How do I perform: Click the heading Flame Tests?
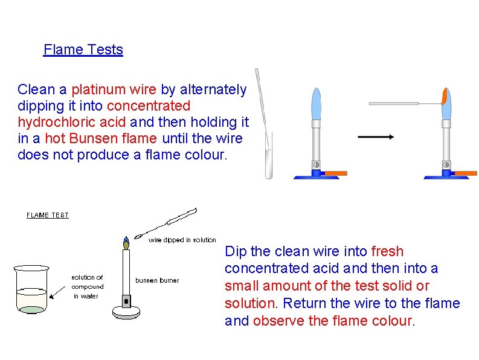click(x=83, y=50)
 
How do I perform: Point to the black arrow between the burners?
click(x=376, y=137)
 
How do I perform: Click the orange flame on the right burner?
click(x=445, y=97)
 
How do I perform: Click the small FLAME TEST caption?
click(x=48, y=215)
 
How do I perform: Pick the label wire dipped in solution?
click(x=182, y=240)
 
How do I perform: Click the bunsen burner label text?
click(x=157, y=280)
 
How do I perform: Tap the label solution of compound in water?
click(x=88, y=287)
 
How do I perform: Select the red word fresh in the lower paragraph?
click(x=387, y=251)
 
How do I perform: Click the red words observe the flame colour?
click(x=332, y=321)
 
